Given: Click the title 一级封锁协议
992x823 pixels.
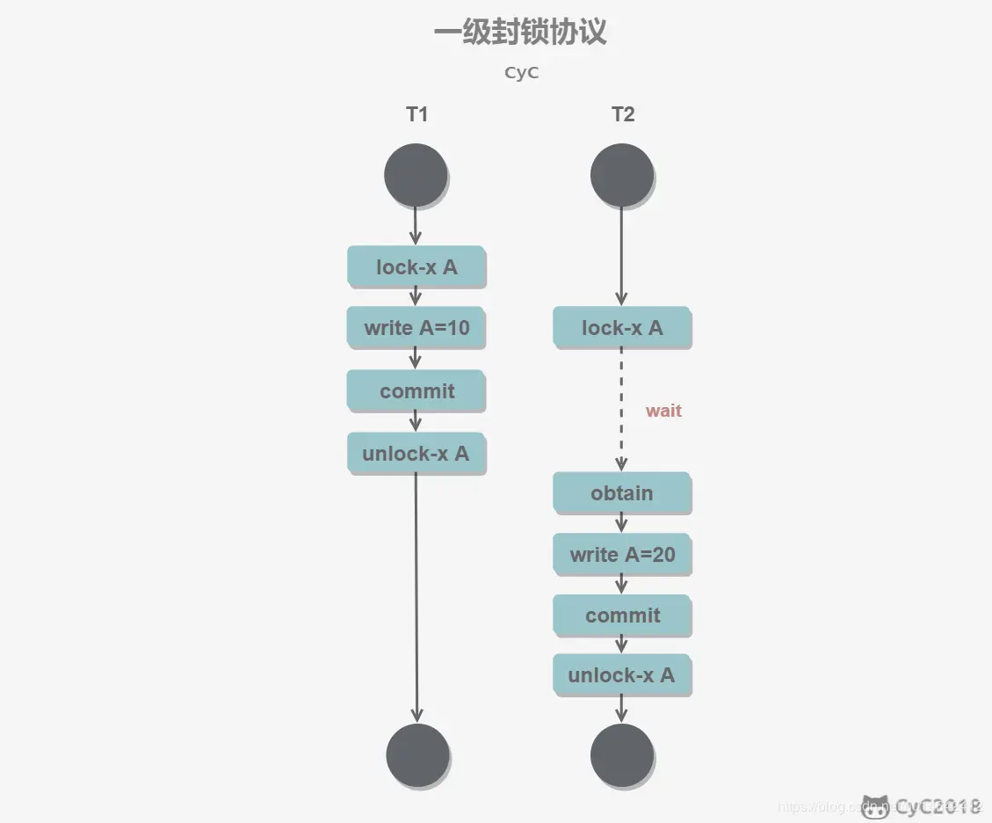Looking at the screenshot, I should (x=520, y=33).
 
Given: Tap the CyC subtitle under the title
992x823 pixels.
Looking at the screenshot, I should (x=521, y=73).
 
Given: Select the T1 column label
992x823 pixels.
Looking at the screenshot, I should (x=416, y=114).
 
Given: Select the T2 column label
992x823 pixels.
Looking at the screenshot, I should (x=622, y=114).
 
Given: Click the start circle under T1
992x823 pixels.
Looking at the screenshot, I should (x=416, y=175).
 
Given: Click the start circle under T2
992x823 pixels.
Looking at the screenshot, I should (x=621, y=175).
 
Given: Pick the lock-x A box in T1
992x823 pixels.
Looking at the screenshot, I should (x=416, y=266).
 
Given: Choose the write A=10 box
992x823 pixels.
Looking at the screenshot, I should (x=416, y=328).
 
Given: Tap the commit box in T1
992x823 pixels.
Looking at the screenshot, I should (x=416, y=390).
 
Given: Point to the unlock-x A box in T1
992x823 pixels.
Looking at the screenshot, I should (x=416, y=454).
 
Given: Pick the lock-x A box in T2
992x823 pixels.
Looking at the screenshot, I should (x=622, y=328).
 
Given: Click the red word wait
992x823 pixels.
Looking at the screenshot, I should (x=663, y=411).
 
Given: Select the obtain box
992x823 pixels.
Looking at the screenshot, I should (x=622, y=493).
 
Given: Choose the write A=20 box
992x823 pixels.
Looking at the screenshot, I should (x=622, y=555).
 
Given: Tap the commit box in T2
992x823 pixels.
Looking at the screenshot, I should (x=622, y=615).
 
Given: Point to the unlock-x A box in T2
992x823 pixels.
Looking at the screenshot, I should (x=622, y=675).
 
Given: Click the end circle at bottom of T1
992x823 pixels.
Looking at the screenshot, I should (x=417, y=755).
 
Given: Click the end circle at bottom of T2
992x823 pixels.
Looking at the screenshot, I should (x=622, y=755).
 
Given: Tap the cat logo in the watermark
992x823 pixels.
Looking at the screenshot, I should (x=875, y=805).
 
